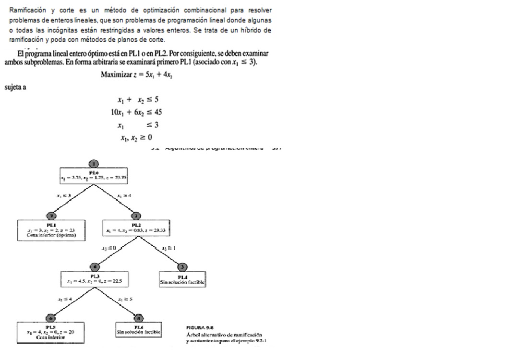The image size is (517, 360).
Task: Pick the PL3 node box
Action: point(94,279)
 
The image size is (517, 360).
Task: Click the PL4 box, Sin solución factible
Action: point(182,280)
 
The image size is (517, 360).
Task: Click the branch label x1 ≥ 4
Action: point(124,195)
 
